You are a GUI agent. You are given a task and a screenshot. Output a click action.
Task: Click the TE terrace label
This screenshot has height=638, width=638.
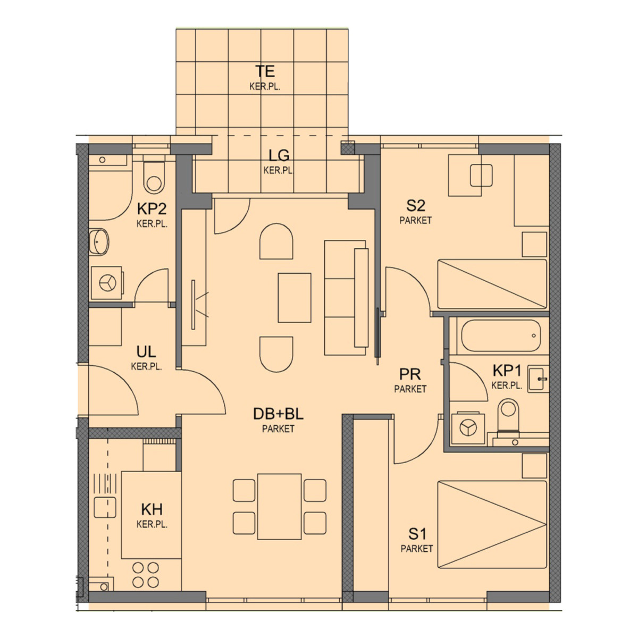265,71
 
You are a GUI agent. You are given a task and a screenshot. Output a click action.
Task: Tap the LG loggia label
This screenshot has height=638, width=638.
279,155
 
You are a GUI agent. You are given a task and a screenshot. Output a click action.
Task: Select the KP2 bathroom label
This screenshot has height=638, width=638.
152,209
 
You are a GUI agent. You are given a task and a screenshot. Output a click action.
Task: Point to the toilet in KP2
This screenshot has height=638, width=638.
154,178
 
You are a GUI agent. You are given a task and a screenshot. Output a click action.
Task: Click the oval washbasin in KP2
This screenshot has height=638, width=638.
99,241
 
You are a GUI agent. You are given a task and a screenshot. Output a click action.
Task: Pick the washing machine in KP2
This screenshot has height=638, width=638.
107,283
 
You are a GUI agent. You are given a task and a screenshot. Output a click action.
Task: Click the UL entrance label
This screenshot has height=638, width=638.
146,352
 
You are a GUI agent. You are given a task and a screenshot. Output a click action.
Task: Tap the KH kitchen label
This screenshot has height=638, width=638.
152,509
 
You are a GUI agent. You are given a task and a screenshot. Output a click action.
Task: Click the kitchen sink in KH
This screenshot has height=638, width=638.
105,508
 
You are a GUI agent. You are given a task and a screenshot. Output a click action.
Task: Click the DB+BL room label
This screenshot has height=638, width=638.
278,414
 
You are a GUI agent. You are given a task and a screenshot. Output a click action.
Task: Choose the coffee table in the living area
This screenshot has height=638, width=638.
295,298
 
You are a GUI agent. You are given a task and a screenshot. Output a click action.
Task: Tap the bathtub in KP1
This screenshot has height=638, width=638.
501,335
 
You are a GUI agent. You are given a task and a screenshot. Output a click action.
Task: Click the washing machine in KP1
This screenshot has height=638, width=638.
468,427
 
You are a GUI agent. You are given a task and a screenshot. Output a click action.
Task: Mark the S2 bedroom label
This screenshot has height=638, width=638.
416,206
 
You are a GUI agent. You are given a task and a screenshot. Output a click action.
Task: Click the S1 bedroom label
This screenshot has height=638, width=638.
417,534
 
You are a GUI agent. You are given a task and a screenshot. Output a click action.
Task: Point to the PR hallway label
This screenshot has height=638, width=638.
410,374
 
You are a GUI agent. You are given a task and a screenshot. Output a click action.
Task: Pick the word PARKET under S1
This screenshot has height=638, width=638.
417,549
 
